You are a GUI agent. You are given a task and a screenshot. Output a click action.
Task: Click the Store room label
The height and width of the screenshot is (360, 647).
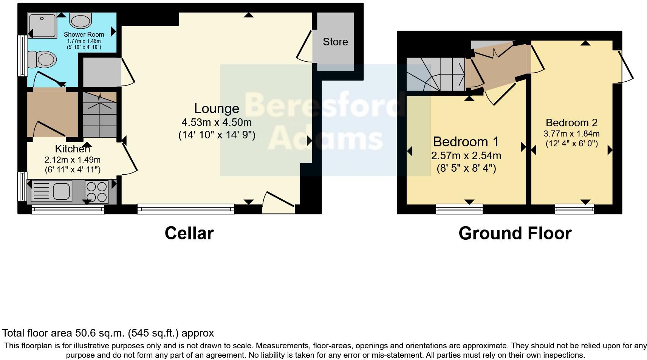[335, 42]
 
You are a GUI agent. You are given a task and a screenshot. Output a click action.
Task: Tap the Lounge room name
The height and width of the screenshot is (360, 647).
[217, 109]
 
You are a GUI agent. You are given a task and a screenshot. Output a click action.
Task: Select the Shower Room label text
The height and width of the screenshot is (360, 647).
[84, 34]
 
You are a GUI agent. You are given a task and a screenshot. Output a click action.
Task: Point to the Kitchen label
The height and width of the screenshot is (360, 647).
[73, 149]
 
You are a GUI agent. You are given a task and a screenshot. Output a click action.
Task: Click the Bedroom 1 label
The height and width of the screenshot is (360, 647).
[466, 142]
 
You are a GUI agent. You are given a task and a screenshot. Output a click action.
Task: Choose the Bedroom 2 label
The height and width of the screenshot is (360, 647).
[571, 123]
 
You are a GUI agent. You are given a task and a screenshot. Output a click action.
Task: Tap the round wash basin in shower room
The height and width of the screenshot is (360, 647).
[80, 20]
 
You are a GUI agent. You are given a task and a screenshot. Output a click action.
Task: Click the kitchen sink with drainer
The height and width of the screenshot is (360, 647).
[52, 191]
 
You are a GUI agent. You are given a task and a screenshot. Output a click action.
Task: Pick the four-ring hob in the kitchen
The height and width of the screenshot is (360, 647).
[97, 191]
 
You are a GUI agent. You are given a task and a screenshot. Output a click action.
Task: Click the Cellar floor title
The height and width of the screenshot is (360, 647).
[189, 233]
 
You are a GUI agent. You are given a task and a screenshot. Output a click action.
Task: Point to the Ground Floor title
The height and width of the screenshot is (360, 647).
[515, 233]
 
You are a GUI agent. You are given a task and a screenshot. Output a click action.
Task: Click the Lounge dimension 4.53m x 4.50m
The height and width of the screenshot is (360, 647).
[217, 123]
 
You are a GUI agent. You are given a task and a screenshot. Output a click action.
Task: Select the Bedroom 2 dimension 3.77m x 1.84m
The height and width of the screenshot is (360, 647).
[571, 133]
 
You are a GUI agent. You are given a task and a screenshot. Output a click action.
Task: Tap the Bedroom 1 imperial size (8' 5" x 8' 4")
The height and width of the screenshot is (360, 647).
[466, 168]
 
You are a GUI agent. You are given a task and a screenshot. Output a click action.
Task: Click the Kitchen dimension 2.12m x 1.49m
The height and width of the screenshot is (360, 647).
[73, 160]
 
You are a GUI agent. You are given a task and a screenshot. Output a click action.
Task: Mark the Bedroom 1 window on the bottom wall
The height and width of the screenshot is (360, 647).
[459, 209]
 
